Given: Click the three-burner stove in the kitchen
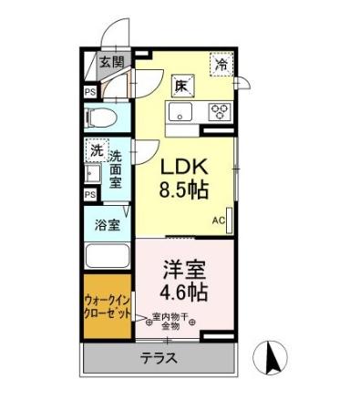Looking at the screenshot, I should (220, 113).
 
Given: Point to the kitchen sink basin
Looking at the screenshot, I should (179, 113).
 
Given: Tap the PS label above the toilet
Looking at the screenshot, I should (89, 91).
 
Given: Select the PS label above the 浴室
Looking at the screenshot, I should (89, 194).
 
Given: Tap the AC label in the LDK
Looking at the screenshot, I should (219, 220).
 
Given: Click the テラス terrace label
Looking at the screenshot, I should (159, 358).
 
